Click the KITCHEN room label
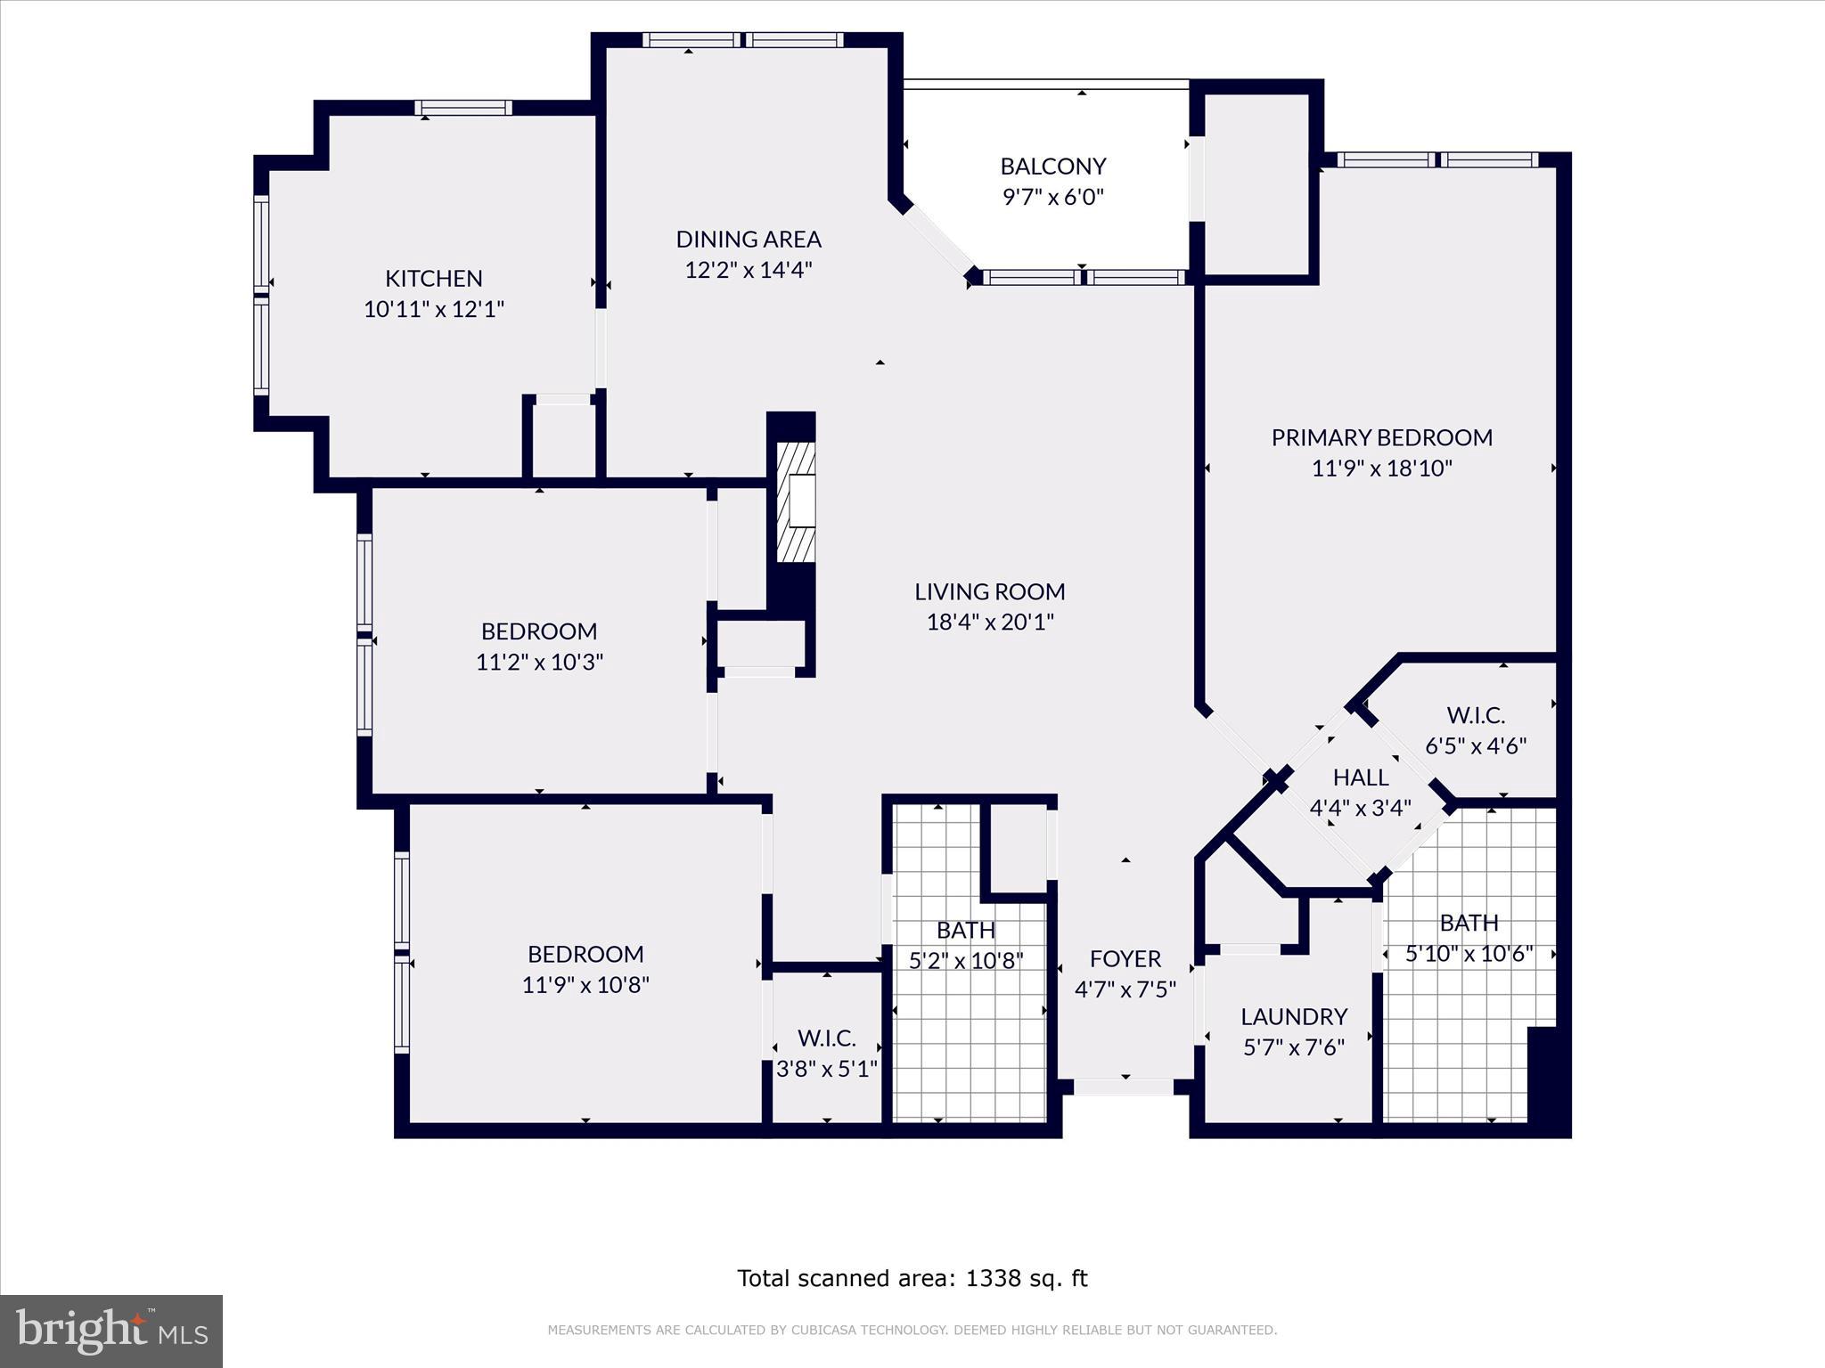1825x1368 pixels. [x=434, y=279]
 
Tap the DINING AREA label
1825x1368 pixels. [x=749, y=240]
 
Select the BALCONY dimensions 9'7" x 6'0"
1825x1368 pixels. [x=1053, y=197]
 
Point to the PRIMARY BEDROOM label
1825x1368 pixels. [x=1382, y=437]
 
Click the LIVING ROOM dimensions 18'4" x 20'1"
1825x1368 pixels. [x=990, y=622]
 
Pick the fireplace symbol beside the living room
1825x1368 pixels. [x=796, y=502]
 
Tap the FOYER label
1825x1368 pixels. [x=1125, y=959]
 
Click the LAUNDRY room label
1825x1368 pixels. [x=1294, y=1017]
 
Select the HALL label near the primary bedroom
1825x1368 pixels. [x=1361, y=778]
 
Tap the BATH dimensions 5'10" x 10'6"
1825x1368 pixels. [x=1469, y=954]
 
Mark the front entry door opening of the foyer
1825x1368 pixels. [x=1124, y=1087]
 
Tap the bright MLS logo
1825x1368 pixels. [x=111, y=1331]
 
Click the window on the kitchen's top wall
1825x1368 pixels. [x=463, y=108]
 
